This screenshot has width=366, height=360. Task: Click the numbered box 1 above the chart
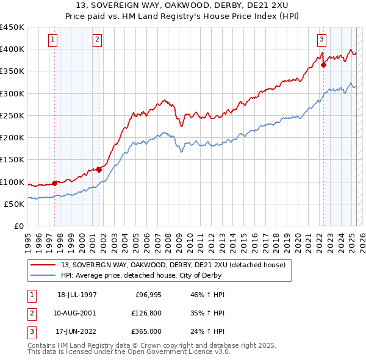pos(53,40)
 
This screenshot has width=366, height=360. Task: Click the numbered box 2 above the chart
pos(97,40)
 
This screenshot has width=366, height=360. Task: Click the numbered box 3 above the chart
pos(321,40)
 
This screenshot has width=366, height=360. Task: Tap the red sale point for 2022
pos(323,65)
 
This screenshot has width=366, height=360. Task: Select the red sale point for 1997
pos(54,182)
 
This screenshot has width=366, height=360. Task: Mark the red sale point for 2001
pos(99,170)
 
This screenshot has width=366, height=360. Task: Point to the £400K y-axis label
pos(12,49)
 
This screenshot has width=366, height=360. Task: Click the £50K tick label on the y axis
pos(15,204)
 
